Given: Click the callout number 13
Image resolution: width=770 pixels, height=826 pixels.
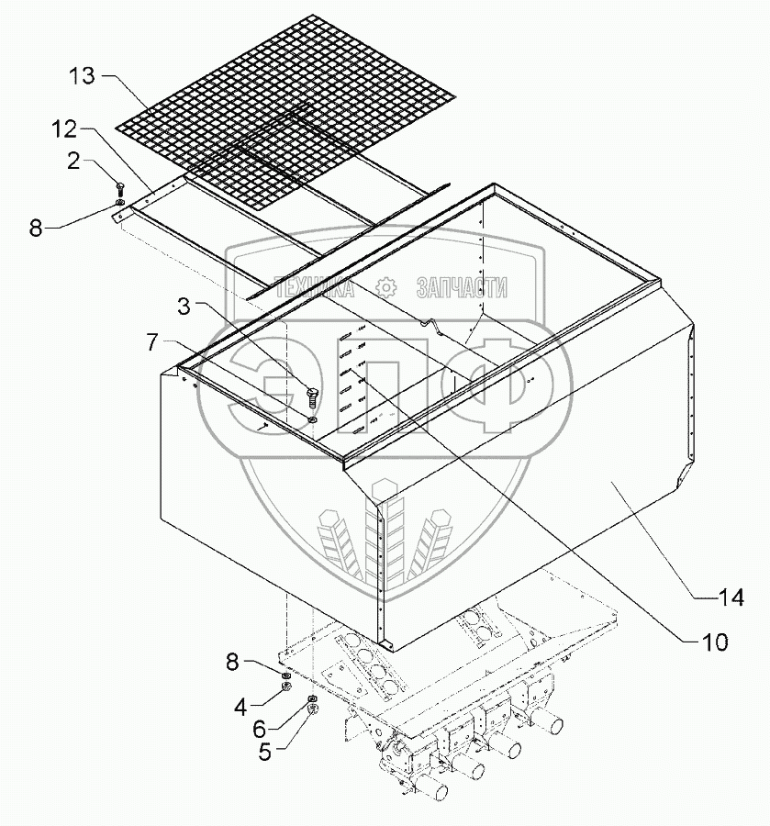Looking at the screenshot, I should [83, 76].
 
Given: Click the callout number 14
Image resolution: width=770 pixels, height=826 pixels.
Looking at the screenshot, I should [730, 599].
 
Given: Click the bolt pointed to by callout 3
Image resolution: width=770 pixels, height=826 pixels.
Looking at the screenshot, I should [310, 396].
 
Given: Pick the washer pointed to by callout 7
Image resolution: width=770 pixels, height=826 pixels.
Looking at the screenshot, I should [313, 419].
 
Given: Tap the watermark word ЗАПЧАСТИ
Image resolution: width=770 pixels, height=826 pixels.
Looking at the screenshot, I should [461, 287].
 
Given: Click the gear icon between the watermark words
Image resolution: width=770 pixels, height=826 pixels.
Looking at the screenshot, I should [386, 287].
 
